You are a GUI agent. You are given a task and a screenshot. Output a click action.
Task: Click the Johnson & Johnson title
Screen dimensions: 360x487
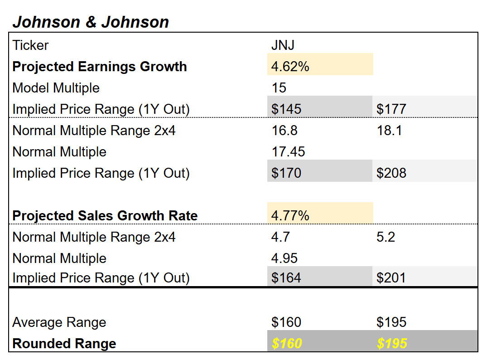pos(91,22)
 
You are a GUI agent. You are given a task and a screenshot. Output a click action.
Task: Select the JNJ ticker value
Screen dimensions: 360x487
pos(283,45)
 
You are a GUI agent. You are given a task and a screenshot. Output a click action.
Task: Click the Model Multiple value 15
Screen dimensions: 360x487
pos(279,88)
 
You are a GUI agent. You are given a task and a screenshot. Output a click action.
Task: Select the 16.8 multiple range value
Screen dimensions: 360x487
pos(284,131)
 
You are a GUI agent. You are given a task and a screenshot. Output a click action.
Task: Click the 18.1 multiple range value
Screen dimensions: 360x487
pos(389,131)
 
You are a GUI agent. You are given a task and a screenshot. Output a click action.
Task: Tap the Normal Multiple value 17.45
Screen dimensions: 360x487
pos(289,151)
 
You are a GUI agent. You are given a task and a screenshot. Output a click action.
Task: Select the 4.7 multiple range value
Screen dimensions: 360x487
pos(281,237)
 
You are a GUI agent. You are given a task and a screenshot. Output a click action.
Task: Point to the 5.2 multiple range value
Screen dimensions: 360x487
pos(386,237)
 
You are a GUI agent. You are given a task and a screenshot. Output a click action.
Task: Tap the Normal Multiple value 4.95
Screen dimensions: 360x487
pos(284,258)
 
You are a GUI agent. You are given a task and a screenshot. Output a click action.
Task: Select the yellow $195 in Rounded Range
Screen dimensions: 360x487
pos(392,343)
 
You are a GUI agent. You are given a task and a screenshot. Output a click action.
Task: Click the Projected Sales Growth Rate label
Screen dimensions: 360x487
pos(105,215)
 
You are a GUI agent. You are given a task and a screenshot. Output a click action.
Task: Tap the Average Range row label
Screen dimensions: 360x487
pos(59,322)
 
